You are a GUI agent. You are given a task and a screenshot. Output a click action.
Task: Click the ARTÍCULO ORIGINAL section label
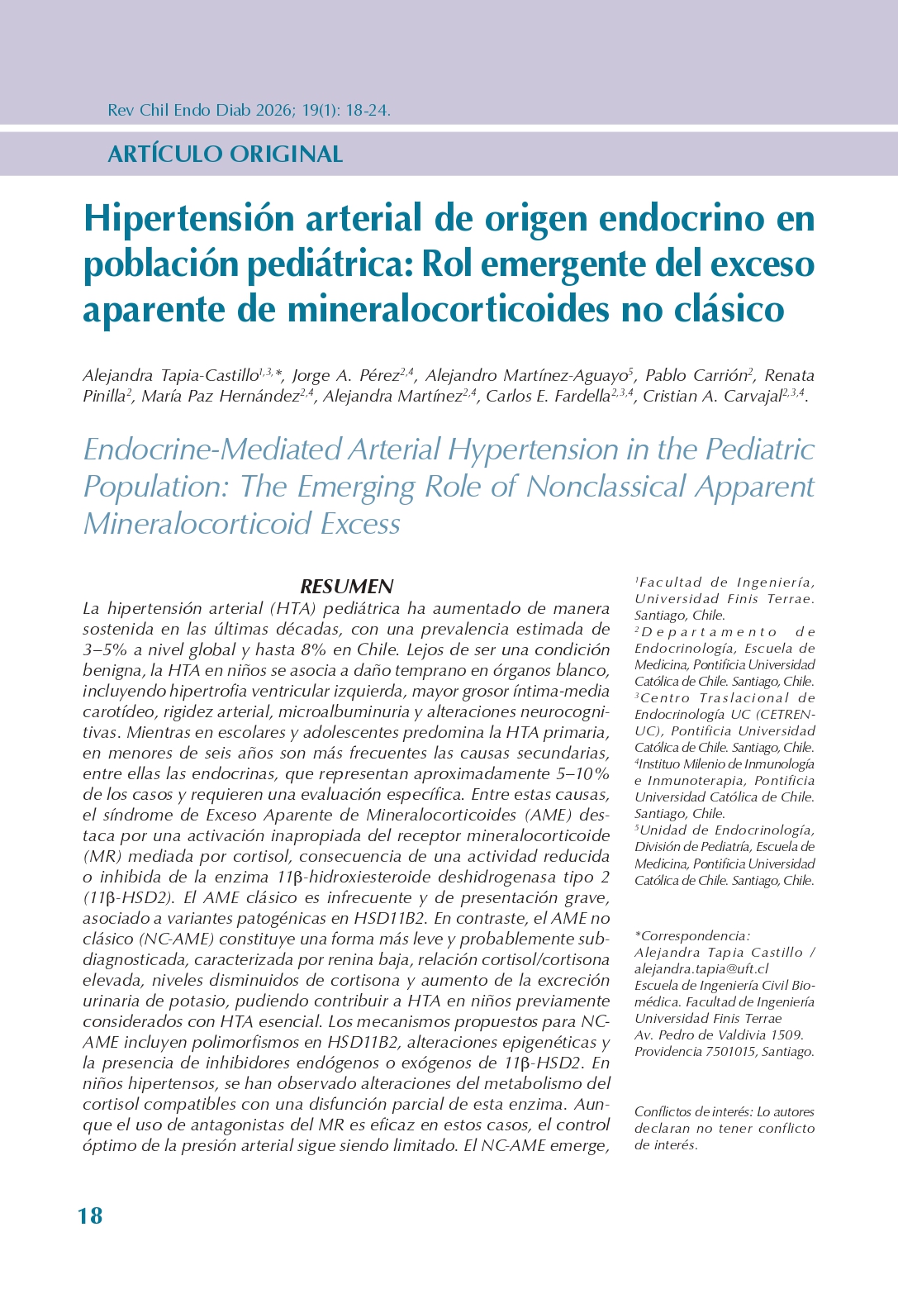coord(225,154)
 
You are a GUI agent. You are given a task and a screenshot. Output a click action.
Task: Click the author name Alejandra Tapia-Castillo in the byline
coord(170,375)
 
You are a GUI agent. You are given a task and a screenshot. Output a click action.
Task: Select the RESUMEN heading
coord(346,587)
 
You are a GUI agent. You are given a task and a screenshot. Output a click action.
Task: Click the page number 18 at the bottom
coord(90,1215)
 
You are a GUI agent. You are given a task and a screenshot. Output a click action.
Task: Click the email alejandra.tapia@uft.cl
coord(701,968)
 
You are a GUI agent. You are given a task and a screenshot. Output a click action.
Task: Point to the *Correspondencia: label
coord(692,935)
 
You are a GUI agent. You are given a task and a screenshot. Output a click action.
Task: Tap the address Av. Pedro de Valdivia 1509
coord(719,1035)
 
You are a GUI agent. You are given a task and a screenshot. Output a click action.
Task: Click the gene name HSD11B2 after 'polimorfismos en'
coord(363,1042)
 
